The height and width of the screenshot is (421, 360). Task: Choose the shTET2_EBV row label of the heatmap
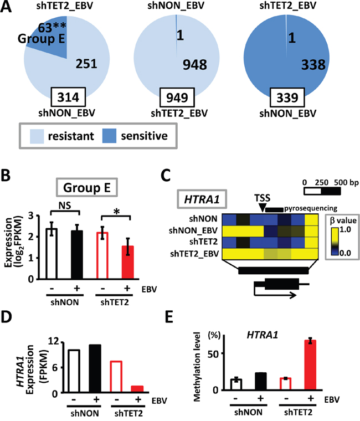click(x=199, y=254)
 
